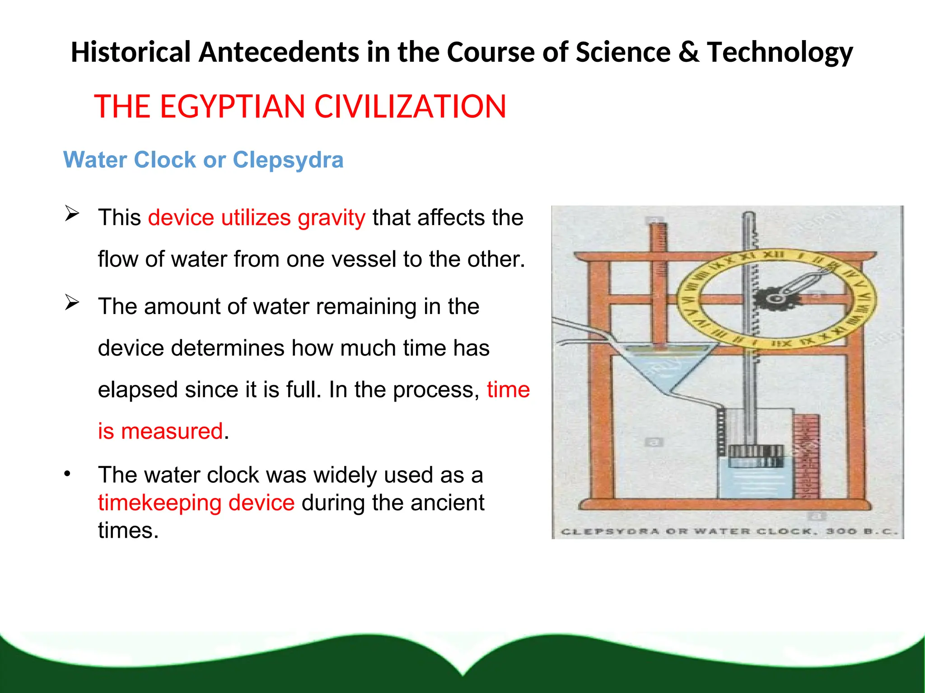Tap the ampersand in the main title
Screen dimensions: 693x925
point(688,52)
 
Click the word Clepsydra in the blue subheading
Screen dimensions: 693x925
point(288,160)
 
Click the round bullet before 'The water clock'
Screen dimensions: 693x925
point(67,474)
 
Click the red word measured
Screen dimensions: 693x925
point(172,431)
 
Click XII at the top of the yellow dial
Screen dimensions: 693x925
point(773,255)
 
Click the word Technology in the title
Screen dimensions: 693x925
point(780,52)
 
